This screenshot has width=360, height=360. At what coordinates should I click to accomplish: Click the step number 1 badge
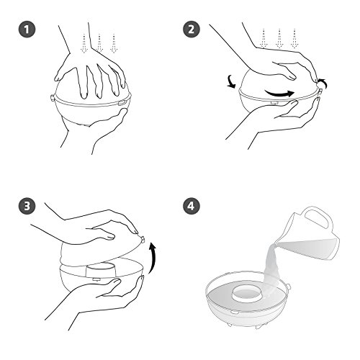[27, 30]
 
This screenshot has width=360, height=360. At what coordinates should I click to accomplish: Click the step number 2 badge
[192, 30]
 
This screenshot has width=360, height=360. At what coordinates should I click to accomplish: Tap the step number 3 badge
[27, 206]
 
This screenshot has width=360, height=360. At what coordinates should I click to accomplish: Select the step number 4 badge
[192, 206]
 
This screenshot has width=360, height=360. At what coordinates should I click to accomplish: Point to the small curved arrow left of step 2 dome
[232, 82]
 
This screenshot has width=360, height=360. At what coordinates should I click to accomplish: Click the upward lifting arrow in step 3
[153, 258]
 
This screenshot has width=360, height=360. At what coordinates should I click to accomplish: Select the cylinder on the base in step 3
[101, 271]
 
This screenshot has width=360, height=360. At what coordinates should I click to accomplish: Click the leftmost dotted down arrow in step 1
[84, 43]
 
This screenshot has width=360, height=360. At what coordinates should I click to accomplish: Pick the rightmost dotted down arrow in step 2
[294, 38]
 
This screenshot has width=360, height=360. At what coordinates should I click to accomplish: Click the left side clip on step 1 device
[52, 98]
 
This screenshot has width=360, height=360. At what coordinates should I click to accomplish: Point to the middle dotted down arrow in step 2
[279, 38]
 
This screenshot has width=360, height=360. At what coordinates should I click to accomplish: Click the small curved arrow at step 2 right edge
[323, 83]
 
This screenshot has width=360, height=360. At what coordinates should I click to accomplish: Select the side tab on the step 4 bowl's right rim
[289, 287]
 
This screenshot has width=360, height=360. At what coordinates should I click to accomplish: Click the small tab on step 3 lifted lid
[143, 239]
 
